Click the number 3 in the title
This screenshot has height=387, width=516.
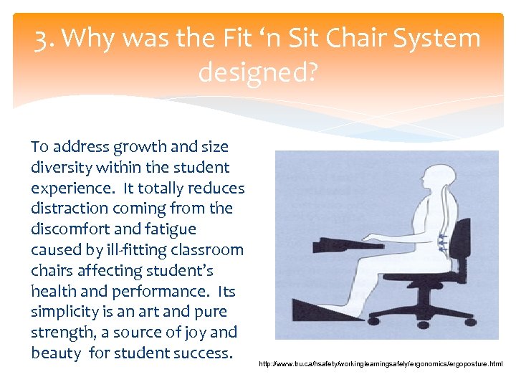(x=42, y=38)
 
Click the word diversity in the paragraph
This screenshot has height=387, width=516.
(x=61, y=168)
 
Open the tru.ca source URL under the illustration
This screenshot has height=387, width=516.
(x=381, y=365)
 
